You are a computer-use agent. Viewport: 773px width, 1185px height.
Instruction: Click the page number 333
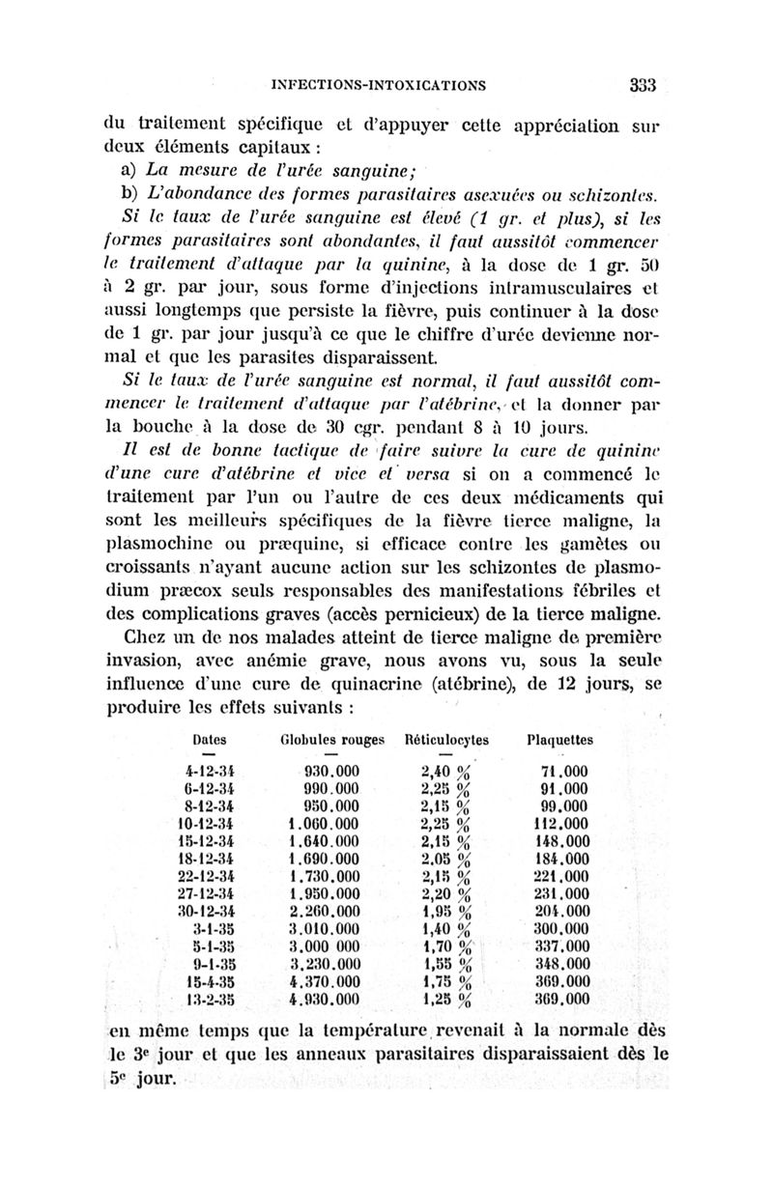pos(642,84)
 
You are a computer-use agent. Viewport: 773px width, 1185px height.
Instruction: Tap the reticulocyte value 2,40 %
pos(451,772)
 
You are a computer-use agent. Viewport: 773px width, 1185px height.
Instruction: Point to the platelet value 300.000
pos(562,929)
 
